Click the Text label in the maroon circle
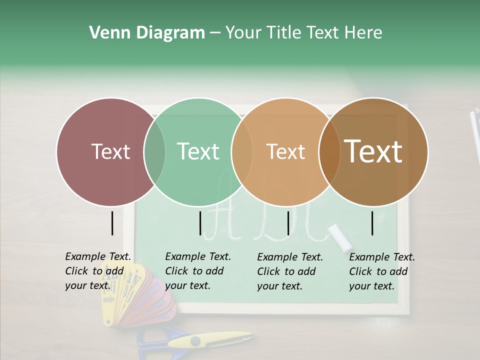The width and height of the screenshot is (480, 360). pyautogui.click(x=110, y=151)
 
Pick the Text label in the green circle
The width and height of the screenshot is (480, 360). pyautogui.click(x=198, y=151)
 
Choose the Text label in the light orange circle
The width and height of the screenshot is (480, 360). pyautogui.click(x=285, y=151)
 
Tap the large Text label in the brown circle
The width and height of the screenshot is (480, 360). pyautogui.click(x=373, y=151)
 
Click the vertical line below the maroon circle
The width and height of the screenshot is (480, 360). pyautogui.click(x=112, y=223)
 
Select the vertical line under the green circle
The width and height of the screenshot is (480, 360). pyautogui.click(x=200, y=223)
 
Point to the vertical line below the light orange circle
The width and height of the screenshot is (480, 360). pyautogui.click(x=288, y=223)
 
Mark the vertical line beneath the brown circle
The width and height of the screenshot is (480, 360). pyautogui.click(x=372, y=223)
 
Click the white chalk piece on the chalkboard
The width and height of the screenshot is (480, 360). pyautogui.click(x=340, y=237)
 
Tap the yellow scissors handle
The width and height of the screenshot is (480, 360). pyautogui.click(x=200, y=341)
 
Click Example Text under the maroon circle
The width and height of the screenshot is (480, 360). pyautogui.click(x=98, y=256)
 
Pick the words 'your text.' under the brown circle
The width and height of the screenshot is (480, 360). pyautogui.click(x=371, y=286)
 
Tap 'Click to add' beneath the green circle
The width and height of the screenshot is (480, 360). pyautogui.click(x=194, y=271)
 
